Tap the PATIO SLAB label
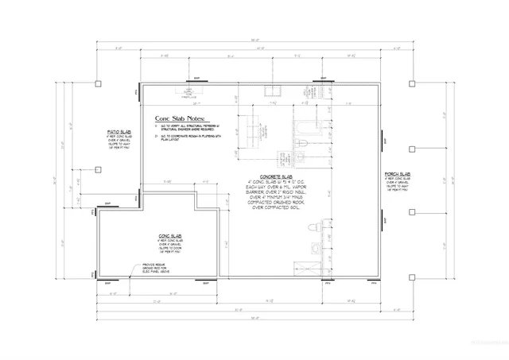pyautogui.click(x=120, y=132)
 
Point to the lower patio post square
pyautogui.click(x=98, y=168)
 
